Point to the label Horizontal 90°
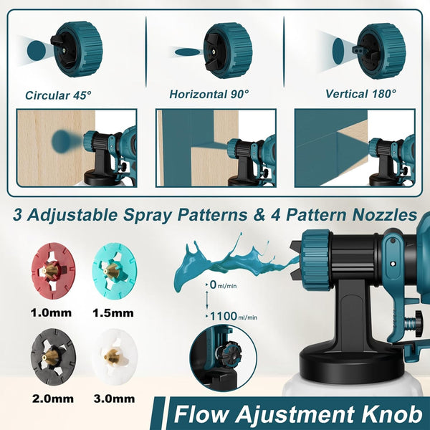[209, 94]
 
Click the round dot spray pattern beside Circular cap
[35, 49]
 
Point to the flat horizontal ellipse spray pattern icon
[188, 52]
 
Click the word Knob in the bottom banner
[388, 414]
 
